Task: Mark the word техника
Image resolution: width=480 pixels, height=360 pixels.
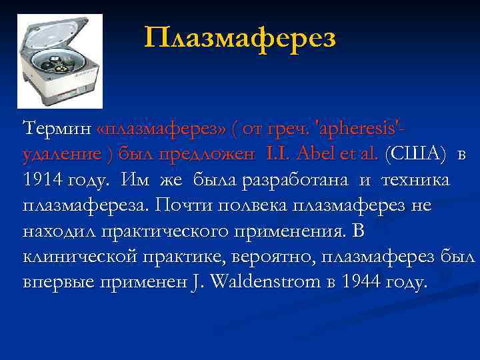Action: coord(415,180)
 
